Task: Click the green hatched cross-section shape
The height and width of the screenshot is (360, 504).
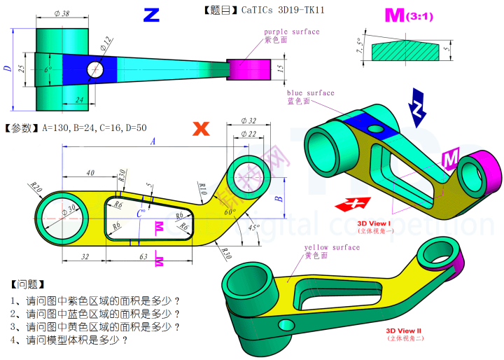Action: [x=405, y=51]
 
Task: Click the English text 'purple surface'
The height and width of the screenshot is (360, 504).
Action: [x=291, y=32]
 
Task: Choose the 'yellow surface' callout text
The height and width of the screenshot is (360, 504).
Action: [x=331, y=247]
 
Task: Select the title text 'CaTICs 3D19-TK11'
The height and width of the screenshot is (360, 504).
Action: [x=283, y=10]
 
